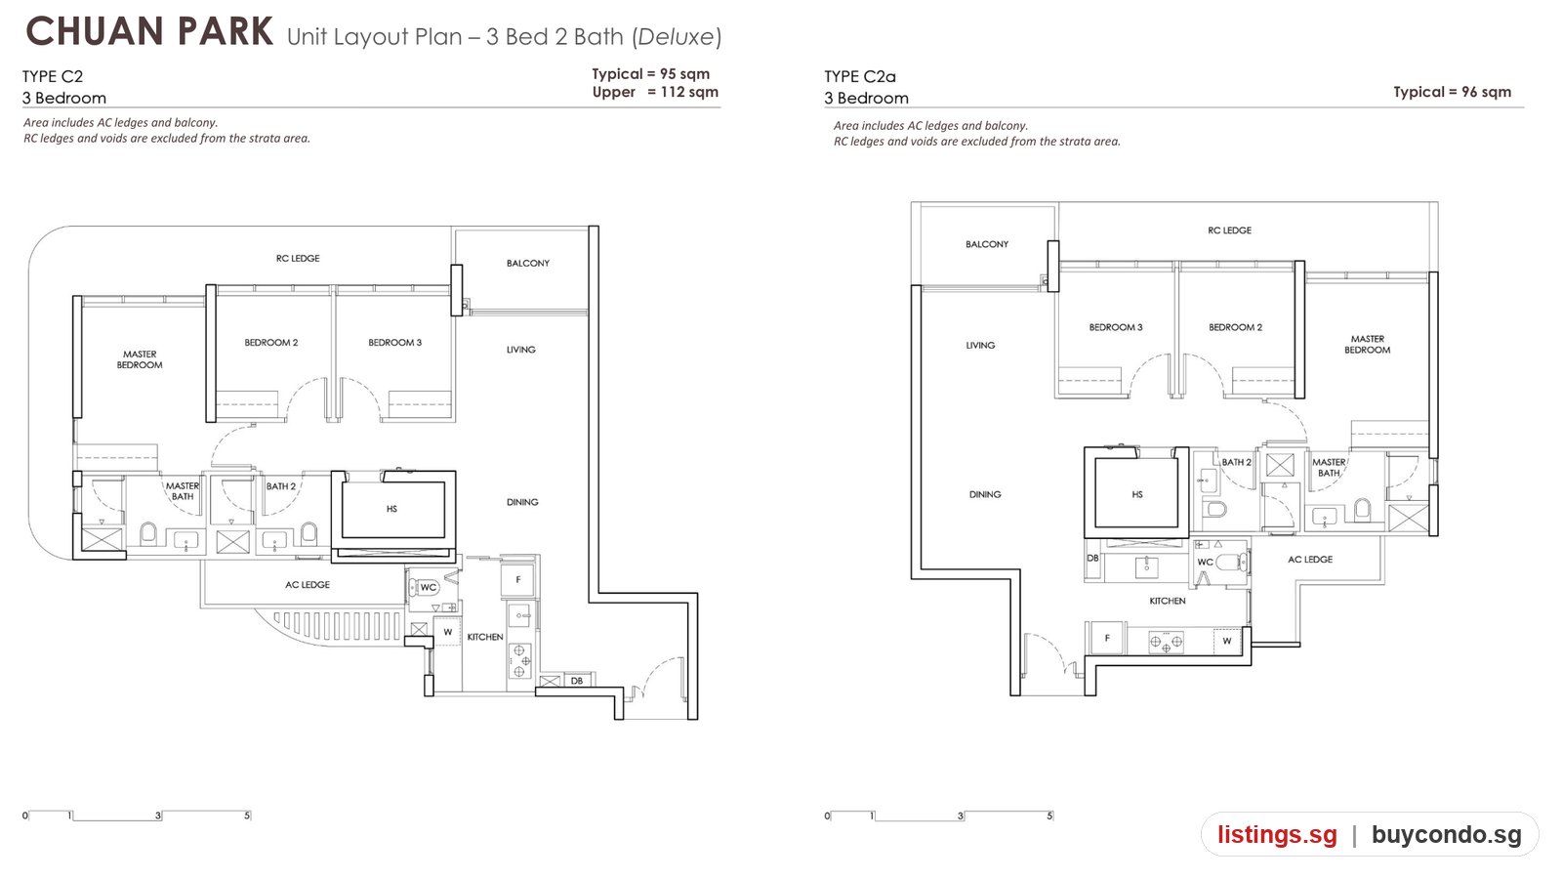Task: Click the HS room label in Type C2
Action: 391,509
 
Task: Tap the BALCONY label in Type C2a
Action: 987,244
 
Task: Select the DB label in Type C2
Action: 577,681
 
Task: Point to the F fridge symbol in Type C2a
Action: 1107,639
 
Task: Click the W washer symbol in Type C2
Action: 448,632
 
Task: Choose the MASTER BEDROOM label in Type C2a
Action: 1367,344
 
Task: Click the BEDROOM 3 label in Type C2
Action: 394,343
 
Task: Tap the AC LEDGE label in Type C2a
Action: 1309,560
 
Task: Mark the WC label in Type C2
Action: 429,587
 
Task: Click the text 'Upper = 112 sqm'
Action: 655,92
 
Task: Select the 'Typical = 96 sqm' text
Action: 1452,92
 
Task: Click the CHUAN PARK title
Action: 149,32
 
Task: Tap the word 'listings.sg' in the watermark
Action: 1277,834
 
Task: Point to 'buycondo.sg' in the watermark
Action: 1446,834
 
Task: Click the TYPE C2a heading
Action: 860,76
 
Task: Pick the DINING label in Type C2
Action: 522,502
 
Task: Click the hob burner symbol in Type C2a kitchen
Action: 1166,641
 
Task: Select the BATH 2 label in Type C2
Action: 280,486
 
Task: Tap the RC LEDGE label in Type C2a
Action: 1229,230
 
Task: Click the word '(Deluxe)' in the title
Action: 677,36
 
